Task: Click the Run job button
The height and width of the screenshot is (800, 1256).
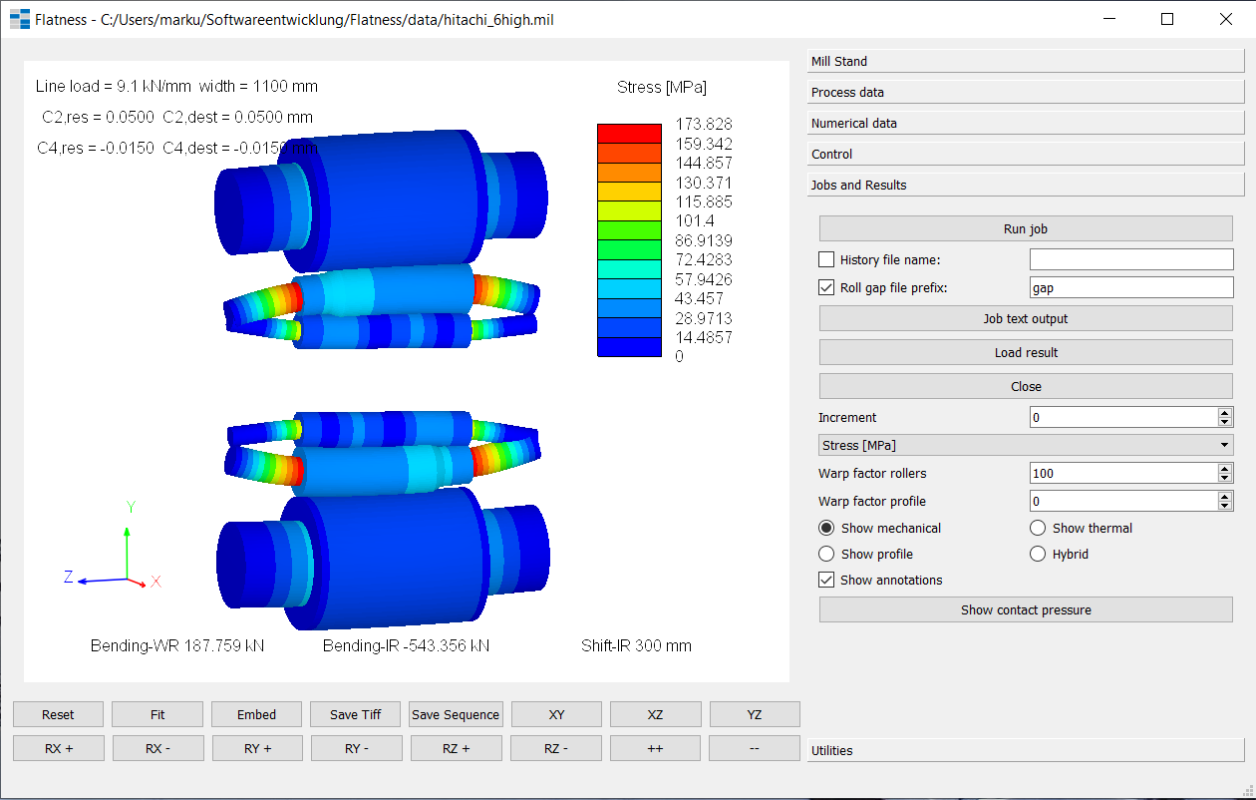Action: tap(1026, 229)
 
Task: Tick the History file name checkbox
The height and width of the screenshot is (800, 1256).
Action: tap(826, 260)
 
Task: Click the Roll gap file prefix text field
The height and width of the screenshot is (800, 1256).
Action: tap(1130, 287)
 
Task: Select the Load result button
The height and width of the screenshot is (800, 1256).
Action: tap(1026, 353)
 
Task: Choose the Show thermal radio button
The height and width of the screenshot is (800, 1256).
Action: tap(1038, 529)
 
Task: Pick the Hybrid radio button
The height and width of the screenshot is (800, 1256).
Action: tap(1038, 555)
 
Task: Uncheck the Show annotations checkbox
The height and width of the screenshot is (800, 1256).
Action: tap(826, 581)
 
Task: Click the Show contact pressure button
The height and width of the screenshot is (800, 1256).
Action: tap(1026, 610)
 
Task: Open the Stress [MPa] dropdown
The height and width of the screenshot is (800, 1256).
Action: tap(1026, 445)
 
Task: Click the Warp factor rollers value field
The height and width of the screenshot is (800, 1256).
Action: tap(1122, 474)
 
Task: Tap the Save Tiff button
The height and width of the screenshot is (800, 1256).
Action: tap(356, 714)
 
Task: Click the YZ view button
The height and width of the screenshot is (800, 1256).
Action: tap(755, 714)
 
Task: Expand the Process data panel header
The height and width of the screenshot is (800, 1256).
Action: tap(1026, 93)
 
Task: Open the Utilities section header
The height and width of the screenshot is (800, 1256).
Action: tap(1026, 751)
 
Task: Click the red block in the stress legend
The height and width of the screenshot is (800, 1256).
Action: tap(629, 134)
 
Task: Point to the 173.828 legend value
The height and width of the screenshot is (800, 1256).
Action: tap(704, 125)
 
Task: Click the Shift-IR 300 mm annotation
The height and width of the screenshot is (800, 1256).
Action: tap(636, 646)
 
